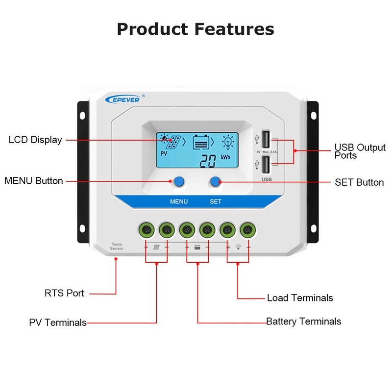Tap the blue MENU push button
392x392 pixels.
pyautogui.click(x=179, y=181)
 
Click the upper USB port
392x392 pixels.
pyautogui.click(x=266, y=139)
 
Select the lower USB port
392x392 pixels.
pyautogui.click(x=266, y=164)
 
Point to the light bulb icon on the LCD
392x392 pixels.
pyautogui.click(x=228, y=142)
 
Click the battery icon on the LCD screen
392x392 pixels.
pyautogui.click(x=201, y=143)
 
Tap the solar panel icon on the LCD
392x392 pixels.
pyautogui.click(x=171, y=141)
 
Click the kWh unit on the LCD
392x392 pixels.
pyautogui.click(x=225, y=157)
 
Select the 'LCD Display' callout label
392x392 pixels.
pyautogui.click(x=35, y=140)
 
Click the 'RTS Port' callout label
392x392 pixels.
pyautogui.click(x=64, y=293)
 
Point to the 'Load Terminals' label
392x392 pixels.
pyautogui.click(x=300, y=298)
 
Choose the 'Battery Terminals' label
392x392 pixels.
pyautogui.click(x=304, y=321)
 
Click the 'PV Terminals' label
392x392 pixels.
pyautogui.click(x=58, y=322)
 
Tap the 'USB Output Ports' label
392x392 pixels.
pyautogui.click(x=360, y=151)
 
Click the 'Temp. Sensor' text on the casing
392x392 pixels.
pyautogui.click(x=117, y=246)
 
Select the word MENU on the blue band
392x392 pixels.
pyautogui.click(x=179, y=201)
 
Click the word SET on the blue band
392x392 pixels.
pyautogui.click(x=216, y=201)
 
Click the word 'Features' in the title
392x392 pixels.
pyautogui.click(x=234, y=29)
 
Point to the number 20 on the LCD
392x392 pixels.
pyautogui.click(x=208, y=161)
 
